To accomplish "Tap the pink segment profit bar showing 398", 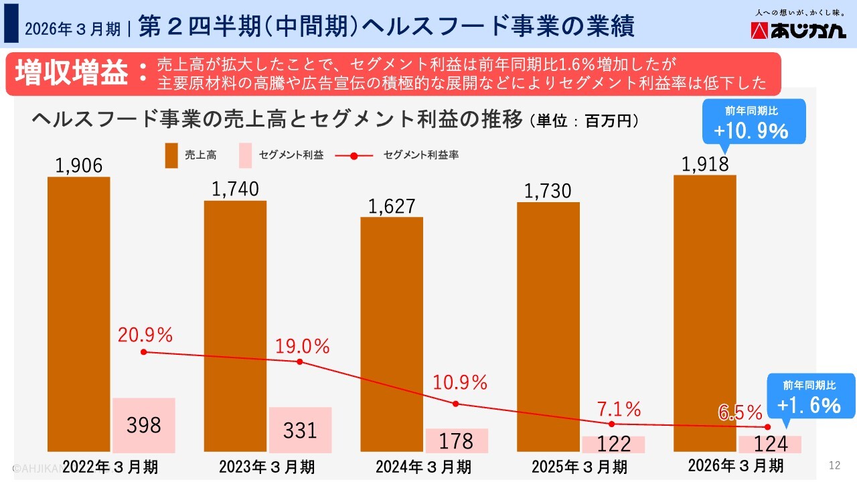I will pyautogui.click(x=143, y=424).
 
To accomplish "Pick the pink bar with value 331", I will pyautogui.click(x=300, y=429).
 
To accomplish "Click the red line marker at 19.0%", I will pyautogui.click(x=299, y=361).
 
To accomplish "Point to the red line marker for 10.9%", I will pyautogui.click(x=456, y=404).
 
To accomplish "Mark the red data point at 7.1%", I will pyautogui.click(x=611, y=424).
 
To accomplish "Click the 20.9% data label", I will pyautogui.click(x=145, y=333).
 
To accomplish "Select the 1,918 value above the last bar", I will pyautogui.click(x=704, y=164).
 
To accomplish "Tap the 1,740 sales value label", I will pyautogui.click(x=235, y=189).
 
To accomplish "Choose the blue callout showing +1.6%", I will pyautogui.click(x=810, y=398).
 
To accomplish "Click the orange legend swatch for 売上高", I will pyautogui.click(x=171, y=155).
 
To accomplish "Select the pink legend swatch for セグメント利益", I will pyautogui.click(x=245, y=155).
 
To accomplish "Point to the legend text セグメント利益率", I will pyautogui.click(x=420, y=155).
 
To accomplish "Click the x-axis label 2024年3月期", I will pyautogui.click(x=423, y=466).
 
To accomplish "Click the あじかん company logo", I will pyautogui.click(x=798, y=31).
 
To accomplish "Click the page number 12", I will pyautogui.click(x=834, y=465).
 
